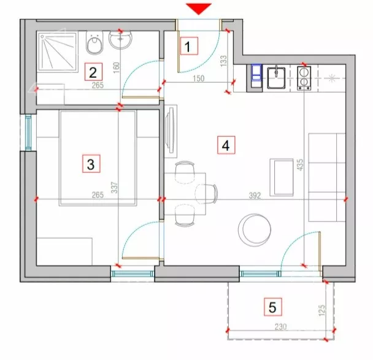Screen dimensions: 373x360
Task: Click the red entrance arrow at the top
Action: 199,9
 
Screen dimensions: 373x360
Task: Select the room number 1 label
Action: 189,46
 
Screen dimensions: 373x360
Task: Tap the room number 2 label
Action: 93,72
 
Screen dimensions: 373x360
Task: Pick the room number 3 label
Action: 91,164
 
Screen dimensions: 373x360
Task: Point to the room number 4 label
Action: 226,145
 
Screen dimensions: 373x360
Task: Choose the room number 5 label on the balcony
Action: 273,307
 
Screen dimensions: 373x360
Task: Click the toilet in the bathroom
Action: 94,43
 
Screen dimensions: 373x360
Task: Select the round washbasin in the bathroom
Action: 121,39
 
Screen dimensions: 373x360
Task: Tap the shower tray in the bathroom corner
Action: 58,52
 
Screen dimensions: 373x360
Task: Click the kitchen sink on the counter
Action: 276,78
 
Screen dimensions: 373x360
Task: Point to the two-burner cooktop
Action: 304,78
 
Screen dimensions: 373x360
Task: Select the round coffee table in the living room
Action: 255,230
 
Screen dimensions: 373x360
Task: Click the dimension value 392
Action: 255,196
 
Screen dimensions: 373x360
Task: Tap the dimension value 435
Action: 300,164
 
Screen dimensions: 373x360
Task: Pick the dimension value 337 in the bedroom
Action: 115,188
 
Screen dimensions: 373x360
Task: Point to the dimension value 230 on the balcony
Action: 281,327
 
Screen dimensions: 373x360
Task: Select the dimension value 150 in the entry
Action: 198,79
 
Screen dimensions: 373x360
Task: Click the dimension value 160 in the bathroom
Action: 116,67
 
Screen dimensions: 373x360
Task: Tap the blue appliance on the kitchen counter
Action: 256,72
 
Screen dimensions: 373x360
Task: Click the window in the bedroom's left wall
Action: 28,132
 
